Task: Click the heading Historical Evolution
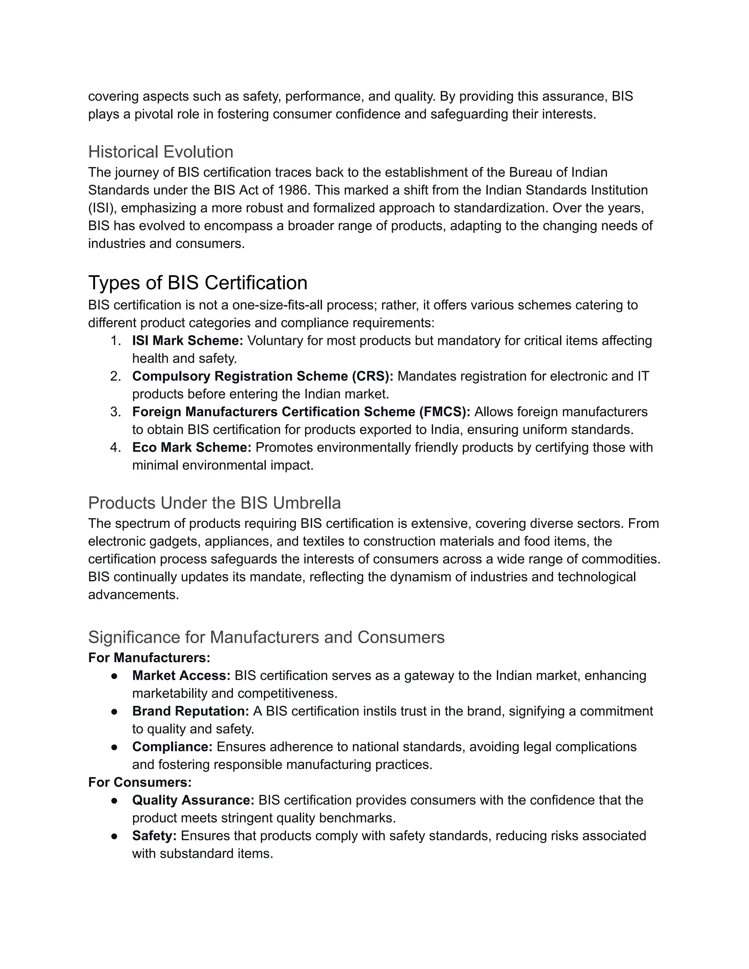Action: point(161,152)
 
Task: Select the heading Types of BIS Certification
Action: point(197,283)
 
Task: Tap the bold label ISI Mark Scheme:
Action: point(187,340)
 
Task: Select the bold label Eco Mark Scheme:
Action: point(192,447)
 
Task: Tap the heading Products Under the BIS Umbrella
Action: point(214,503)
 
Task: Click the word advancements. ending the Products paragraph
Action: point(133,595)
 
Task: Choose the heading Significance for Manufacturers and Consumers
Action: point(266,637)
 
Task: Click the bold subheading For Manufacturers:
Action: point(149,657)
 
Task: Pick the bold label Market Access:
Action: point(181,675)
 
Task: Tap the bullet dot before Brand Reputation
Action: point(114,711)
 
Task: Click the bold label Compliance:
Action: point(172,747)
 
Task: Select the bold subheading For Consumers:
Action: point(140,782)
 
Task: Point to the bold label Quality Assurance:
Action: point(193,800)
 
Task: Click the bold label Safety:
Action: point(154,836)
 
